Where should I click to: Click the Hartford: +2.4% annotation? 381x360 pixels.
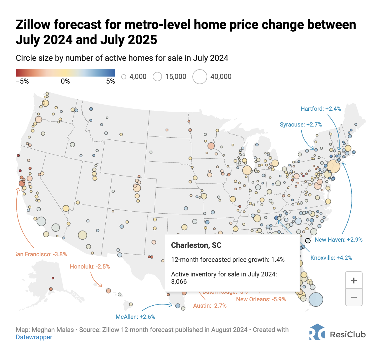click(321, 109)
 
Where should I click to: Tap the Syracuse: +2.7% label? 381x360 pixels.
click(301, 124)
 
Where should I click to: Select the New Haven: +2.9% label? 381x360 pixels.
click(338, 240)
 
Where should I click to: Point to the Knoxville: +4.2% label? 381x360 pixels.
click(331, 258)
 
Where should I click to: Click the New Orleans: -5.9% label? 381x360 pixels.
click(261, 299)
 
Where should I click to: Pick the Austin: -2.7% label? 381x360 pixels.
click(210, 306)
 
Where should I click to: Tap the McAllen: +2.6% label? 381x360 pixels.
click(135, 317)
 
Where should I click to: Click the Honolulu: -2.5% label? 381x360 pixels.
click(90, 266)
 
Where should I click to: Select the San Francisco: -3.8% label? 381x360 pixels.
click(41, 254)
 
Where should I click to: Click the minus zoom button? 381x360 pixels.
click(354, 297)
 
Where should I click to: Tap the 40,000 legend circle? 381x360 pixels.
click(200, 77)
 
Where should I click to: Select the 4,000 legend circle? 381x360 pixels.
click(124, 77)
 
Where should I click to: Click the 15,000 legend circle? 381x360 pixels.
click(157, 77)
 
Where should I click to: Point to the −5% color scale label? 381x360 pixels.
click(22, 82)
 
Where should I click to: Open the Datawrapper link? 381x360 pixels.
click(34, 337)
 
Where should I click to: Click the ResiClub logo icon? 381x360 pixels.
click(317, 332)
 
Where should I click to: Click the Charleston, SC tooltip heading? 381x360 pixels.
click(196, 245)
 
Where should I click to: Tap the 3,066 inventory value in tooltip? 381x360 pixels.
click(179, 282)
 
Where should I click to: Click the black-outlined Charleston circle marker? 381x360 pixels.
click(308, 240)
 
